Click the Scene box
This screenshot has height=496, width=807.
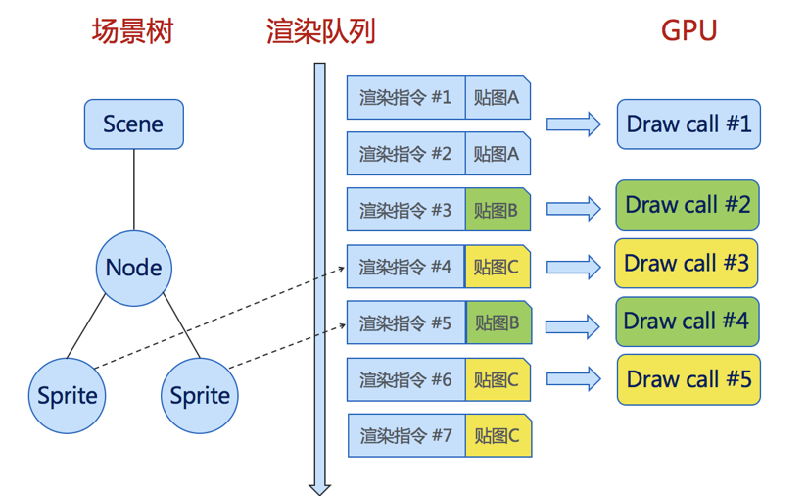click(133, 124)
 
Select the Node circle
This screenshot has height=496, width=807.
click(134, 268)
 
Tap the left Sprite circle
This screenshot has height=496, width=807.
click(68, 396)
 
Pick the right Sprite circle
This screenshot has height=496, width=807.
click(200, 396)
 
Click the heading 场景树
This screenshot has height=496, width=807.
click(132, 31)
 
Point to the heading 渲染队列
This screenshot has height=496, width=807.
click(320, 31)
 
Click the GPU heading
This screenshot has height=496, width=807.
click(688, 31)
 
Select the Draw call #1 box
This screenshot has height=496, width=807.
click(688, 124)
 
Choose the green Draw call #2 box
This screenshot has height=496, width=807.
click(688, 205)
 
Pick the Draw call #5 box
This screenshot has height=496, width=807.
click(688, 379)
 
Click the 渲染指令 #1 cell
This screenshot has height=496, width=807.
click(405, 98)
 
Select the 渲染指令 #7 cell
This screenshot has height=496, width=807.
click(406, 435)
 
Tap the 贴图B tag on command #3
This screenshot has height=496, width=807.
click(498, 210)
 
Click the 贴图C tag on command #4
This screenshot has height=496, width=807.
click(498, 267)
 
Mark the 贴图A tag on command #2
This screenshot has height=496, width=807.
click(498, 154)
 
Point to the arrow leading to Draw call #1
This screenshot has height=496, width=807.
click(573, 124)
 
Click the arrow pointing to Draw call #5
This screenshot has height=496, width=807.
click(573, 378)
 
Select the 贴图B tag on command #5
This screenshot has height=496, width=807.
click(498, 322)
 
